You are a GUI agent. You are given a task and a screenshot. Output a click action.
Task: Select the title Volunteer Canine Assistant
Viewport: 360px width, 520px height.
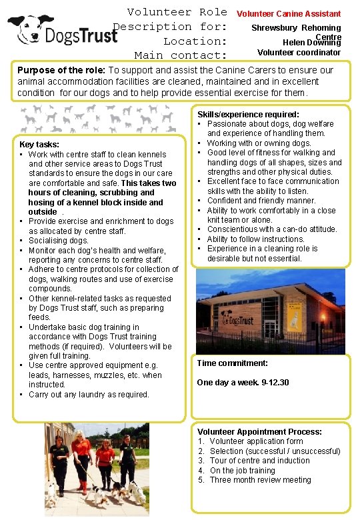[289, 13]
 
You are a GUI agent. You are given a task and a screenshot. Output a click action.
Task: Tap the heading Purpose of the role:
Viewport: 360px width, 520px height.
[61, 70]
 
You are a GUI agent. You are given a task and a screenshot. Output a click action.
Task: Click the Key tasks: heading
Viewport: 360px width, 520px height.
[39, 144]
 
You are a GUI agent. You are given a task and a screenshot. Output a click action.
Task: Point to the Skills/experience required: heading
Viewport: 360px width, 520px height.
[248, 115]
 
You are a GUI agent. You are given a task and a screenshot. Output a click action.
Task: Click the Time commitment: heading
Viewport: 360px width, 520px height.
[233, 363]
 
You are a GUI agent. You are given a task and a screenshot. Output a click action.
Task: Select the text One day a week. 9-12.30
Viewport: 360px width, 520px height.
[243, 383]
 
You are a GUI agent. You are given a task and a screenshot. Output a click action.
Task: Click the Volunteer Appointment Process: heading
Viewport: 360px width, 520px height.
[259, 431]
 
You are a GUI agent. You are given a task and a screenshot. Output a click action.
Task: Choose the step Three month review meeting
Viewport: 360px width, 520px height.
[260, 480]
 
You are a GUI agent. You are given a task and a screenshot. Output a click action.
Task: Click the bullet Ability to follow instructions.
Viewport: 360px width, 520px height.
[255, 239]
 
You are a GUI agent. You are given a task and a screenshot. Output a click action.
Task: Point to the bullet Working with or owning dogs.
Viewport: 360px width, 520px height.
[259, 143]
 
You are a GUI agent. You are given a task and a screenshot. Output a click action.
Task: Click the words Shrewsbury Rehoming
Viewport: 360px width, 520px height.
[296, 28]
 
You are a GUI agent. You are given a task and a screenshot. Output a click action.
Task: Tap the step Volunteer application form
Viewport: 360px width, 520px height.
[256, 441]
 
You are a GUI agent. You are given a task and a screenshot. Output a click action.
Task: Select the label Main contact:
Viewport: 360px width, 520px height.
[181, 55]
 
